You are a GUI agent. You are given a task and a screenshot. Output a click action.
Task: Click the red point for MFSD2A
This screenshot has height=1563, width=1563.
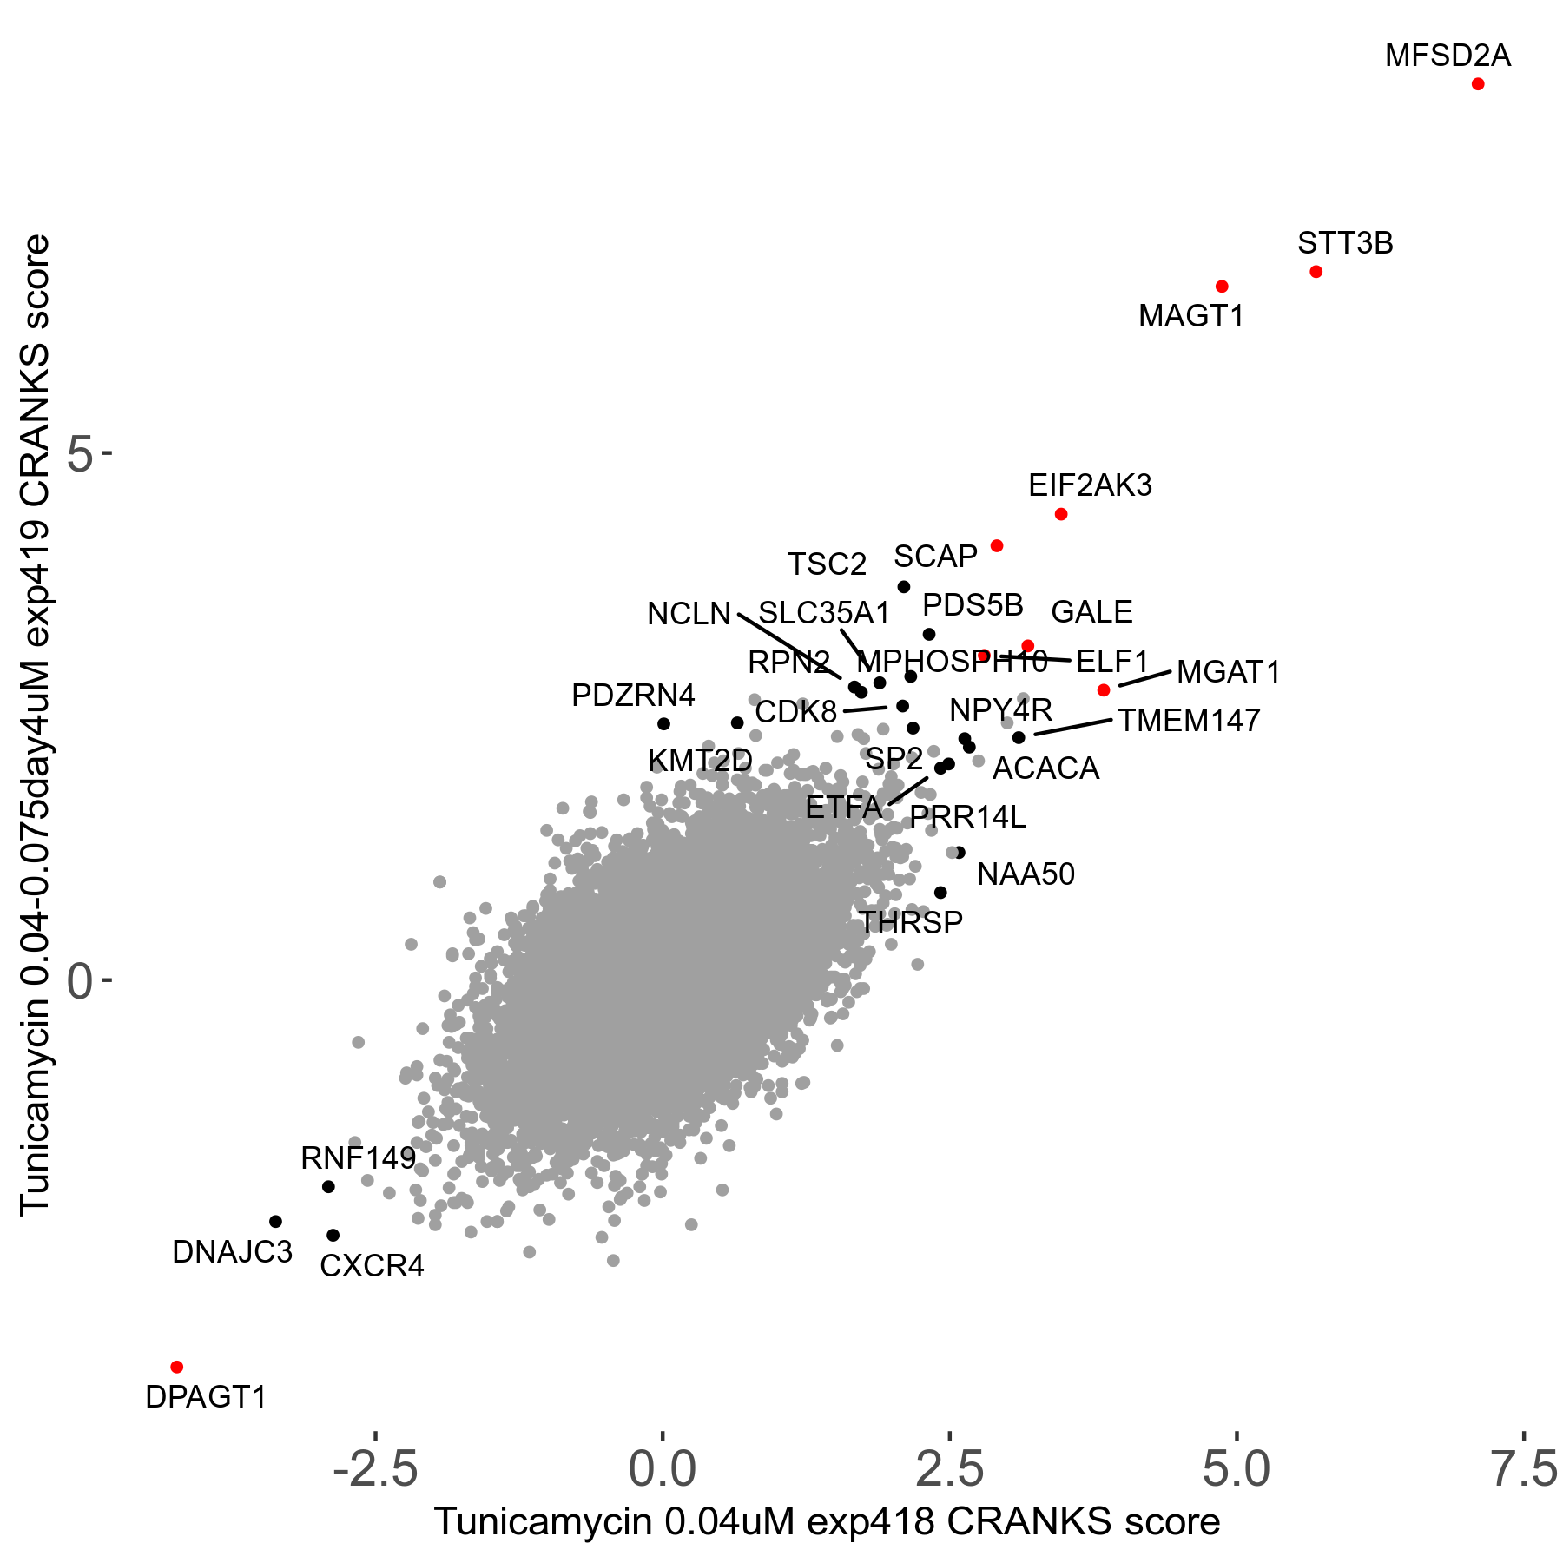click(x=1478, y=84)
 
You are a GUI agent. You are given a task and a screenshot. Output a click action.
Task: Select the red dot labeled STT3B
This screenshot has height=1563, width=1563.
click(x=1316, y=272)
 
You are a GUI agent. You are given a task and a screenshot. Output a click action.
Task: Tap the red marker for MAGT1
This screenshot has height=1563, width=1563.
click(x=1222, y=287)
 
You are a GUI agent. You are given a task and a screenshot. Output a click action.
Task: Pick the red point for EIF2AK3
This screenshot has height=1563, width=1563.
click(x=1060, y=514)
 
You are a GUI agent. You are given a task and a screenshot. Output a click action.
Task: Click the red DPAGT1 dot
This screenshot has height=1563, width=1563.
click(x=177, y=1367)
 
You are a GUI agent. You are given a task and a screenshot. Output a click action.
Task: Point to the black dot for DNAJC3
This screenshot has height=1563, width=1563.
click(x=276, y=1221)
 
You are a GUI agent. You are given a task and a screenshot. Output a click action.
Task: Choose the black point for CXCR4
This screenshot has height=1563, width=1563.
click(x=333, y=1235)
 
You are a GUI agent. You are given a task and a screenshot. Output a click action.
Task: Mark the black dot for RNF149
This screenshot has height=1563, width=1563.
click(x=328, y=1186)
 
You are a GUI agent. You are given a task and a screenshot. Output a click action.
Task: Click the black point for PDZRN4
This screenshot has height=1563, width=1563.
click(x=663, y=723)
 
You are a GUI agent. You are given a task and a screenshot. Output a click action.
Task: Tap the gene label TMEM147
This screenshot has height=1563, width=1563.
click(x=1188, y=721)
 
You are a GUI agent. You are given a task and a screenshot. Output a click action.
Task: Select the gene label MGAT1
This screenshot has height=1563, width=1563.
click(x=1228, y=672)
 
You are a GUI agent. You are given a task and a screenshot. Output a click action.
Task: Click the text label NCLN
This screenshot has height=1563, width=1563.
click(x=689, y=614)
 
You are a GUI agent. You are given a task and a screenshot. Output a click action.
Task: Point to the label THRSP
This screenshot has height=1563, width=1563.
click(x=911, y=922)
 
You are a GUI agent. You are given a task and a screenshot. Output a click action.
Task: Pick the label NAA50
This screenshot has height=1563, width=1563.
click(x=1026, y=874)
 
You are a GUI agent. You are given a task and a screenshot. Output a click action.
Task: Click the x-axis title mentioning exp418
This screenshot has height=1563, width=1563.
click(x=827, y=1521)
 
